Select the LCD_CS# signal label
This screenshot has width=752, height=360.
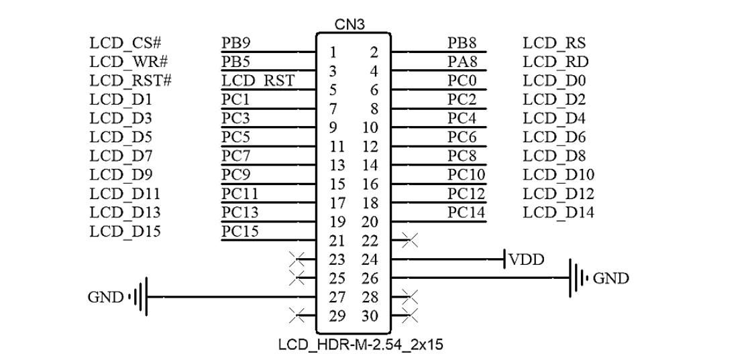[x=125, y=44]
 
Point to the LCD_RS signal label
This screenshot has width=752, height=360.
[x=554, y=44]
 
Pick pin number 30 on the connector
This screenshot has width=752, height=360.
[x=368, y=315]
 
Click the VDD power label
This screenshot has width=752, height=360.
[x=526, y=259]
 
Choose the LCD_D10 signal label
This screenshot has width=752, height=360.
[x=559, y=175]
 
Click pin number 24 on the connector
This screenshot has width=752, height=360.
[x=368, y=259]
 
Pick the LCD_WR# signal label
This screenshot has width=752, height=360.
[x=127, y=62]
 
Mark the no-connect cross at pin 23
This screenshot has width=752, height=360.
[x=294, y=257]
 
